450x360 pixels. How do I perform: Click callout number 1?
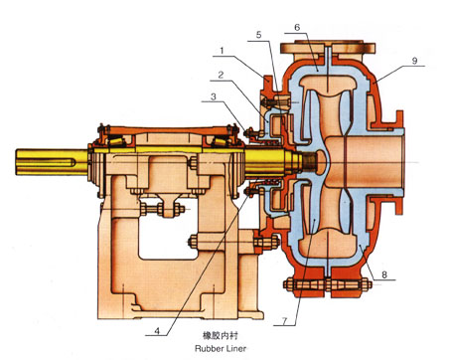[x=223, y=51]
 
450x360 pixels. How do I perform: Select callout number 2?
[x=221, y=75]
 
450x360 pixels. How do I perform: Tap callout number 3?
[x=214, y=96]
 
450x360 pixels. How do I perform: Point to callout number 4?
[x=157, y=331]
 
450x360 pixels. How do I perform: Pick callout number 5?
[x=258, y=35]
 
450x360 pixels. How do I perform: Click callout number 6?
[x=297, y=27]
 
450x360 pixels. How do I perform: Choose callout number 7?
[x=284, y=321]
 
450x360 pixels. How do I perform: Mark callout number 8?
[x=384, y=274]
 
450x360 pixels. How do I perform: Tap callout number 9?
[x=414, y=61]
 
